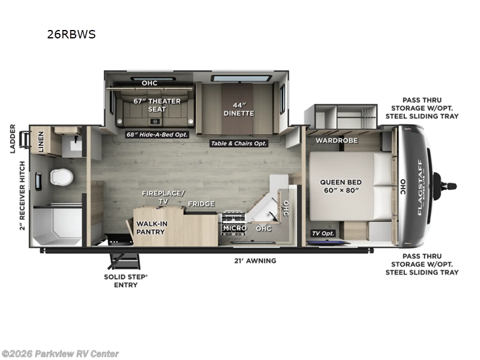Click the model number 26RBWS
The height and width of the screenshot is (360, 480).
[x=71, y=34]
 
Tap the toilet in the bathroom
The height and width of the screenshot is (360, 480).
[x=61, y=177]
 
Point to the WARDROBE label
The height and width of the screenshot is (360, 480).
[x=337, y=140]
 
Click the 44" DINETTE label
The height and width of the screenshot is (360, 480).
[x=239, y=109]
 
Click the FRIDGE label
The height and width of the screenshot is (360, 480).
[x=201, y=204]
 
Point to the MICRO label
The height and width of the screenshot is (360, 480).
[x=235, y=228]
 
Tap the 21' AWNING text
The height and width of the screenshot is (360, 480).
[x=255, y=260]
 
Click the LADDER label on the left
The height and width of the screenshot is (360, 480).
[x=12, y=139]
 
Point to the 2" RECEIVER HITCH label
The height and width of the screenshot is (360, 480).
[x=22, y=196]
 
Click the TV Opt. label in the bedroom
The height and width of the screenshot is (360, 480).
[x=322, y=233]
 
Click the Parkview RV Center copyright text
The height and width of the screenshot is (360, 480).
[x=60, y=353]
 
